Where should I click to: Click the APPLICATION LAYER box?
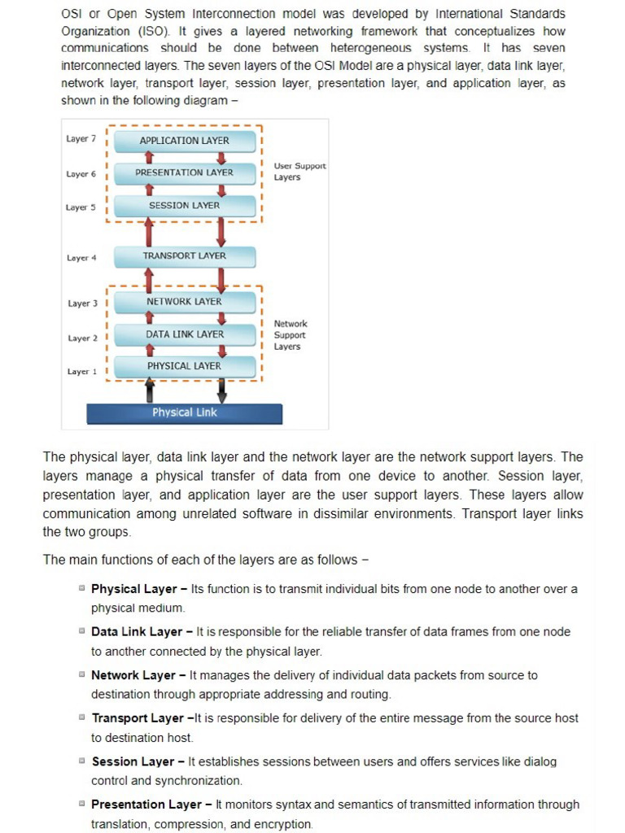pyautogui.click(x=185, y=141)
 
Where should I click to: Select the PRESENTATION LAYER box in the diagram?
pyautogui.click(x=185, y=172)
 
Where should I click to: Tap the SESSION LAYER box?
pyautogui.click(x=185, y=206)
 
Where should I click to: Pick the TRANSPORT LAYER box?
pyautogui.click(x=185, y=256)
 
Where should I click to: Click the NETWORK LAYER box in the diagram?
pyautogui.click(x=185, y=302)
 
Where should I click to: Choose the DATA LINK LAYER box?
pyautogui.click(x=185, y=334)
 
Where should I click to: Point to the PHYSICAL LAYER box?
pyautogui.click(x=185, y=366)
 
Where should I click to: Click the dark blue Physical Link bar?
pyautogui.click(x=185, y=412)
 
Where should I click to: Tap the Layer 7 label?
pyautogui.click(x=81, y=139)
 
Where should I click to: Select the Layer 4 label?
pyautogui.click(x=81, y=258)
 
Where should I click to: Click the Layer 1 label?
pyautogui.click(x=81, y=372)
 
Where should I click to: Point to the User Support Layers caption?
pyautogui.click(x=299, y=172)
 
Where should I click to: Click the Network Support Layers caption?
pyautogui.click(x=291, y=335)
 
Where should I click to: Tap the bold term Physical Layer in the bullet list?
pyautogui.click(x=133, y=589)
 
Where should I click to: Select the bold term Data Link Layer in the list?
pyautogui.click(x=137, y=632)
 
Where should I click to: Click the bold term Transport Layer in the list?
pyautogui.click(x=138, y=718)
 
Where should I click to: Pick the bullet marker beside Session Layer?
pyautogui.click(x=82, y=761)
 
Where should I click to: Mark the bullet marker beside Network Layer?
pyautogui.click(x=82, y=674)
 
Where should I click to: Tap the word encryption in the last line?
pyautogui.click(x=286, y=824)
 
